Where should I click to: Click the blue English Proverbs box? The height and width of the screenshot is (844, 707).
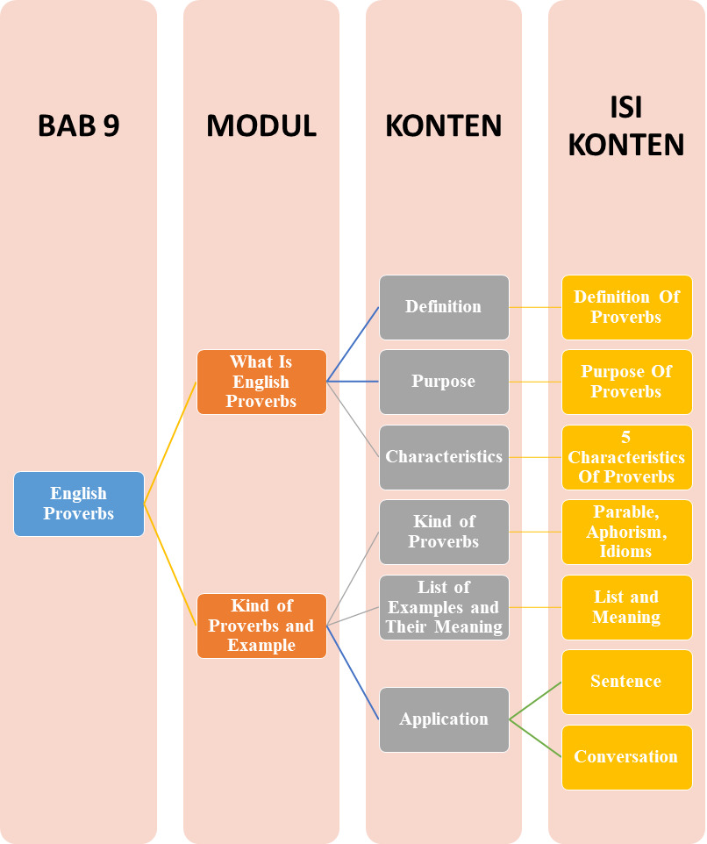tap(79, 504)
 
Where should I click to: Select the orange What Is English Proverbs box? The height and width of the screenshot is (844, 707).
tap(261, 382)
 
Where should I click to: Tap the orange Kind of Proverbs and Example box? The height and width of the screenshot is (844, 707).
tap(261, 626)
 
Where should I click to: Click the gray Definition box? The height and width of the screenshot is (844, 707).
tap(444, 307)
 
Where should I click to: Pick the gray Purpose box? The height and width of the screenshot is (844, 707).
tap(444, 382)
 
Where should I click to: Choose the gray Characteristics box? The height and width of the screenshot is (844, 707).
tap(444, 457)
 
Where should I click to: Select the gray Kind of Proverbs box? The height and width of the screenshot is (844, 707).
tap(444, 532)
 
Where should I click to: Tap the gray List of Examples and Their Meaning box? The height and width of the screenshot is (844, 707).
tap(444, 607)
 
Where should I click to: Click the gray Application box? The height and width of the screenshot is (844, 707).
tap(444, 719)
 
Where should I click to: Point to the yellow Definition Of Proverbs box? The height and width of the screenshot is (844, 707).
tap(626, 307)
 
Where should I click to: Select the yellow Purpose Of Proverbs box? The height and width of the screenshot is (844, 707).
tap(626, 382)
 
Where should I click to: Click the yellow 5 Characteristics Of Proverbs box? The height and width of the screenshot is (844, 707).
tap(626, 457)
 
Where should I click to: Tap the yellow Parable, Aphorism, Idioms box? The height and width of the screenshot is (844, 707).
tap(626, 532)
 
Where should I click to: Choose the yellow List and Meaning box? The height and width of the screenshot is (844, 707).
tap(626, 607)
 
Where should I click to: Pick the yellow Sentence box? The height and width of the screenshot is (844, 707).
tap(626, 682)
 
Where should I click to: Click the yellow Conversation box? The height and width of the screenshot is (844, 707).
tap(626, 757)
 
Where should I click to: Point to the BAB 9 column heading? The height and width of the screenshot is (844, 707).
tap(79, 126)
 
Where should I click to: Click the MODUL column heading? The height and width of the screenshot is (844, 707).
tap(261, 126)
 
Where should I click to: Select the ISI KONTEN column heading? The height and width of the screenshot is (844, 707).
tap(626, 126)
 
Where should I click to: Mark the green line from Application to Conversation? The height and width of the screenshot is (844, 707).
tap(535, 738)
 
